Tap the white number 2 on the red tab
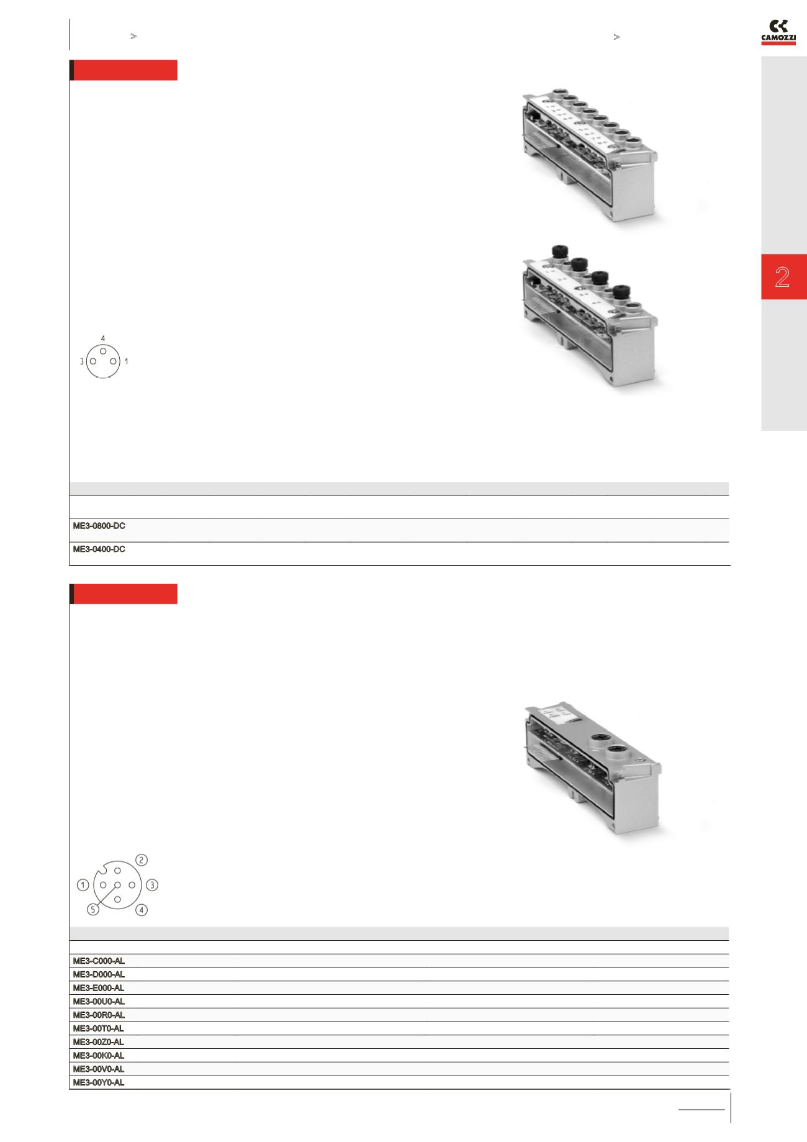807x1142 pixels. click(x=782, y=277)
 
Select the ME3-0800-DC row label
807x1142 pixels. click(x=99, y=526)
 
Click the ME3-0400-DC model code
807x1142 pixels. click(x=99, y=550)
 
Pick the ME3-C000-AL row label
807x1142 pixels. click(x=99, y=961)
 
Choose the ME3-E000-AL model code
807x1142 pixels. click(x=99, y=988)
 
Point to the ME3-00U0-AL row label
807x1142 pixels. click(x=99, y=1002)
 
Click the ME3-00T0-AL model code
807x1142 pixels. click(x=99, y=1028)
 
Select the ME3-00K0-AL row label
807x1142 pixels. click(x=99, y=1056)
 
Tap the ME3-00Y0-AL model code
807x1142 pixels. click(x=99, y=1082)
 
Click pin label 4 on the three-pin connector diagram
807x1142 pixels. click(x=103, y=338)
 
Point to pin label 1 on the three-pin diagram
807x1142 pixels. click(x=127, y=361)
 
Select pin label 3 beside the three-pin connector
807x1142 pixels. click(x=81, y=361)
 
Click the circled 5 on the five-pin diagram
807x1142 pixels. click(x=93, y=910)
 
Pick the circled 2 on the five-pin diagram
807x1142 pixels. click(x=142, y=860)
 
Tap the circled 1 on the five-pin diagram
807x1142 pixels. click(x=83, y=885)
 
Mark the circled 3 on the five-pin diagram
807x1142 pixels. click(x=153, y=885)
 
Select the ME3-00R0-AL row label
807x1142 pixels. click(x=99, y=1015)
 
